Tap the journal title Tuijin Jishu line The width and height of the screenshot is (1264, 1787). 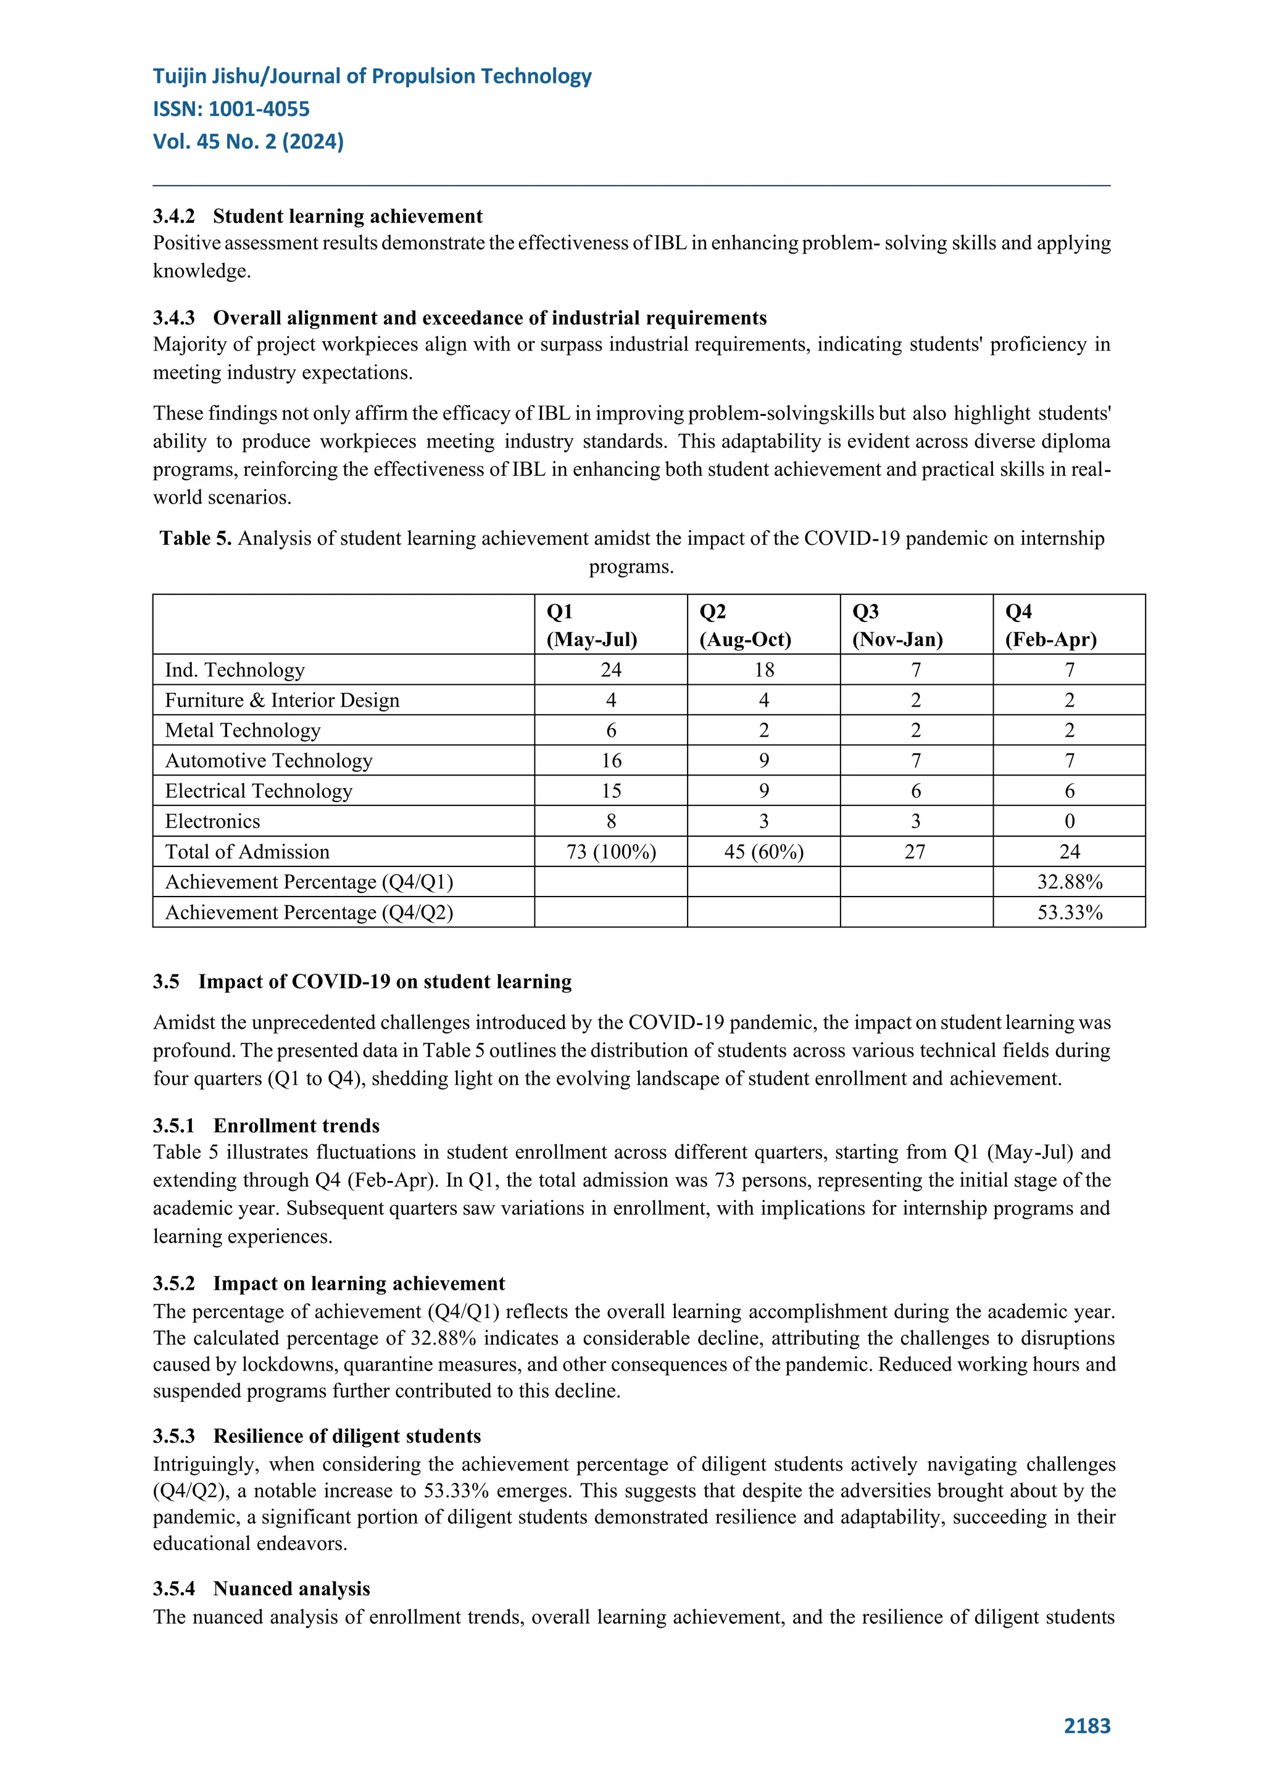372,77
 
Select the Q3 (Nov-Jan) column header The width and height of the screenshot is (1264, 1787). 897,625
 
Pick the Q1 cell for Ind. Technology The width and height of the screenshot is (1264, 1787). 611,670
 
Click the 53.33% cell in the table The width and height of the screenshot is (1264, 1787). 1070,912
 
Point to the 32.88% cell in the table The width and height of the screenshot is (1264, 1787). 1070,882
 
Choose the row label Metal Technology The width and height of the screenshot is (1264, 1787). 243,731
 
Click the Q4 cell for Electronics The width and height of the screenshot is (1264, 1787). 1070,821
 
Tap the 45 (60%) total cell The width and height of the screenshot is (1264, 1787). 763,852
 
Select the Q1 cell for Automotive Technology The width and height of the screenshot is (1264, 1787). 611,760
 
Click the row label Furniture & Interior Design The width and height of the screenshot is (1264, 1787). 282,700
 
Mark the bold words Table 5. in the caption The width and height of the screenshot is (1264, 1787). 196,539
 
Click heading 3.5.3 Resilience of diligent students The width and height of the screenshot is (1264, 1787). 317,1436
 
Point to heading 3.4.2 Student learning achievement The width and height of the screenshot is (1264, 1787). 318,217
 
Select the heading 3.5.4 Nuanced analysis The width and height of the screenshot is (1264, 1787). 262,1588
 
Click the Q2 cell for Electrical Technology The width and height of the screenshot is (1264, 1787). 763,791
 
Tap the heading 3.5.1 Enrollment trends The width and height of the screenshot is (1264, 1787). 266,1126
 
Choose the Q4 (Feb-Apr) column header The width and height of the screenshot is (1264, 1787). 1050,625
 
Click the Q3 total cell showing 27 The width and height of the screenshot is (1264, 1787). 915,852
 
